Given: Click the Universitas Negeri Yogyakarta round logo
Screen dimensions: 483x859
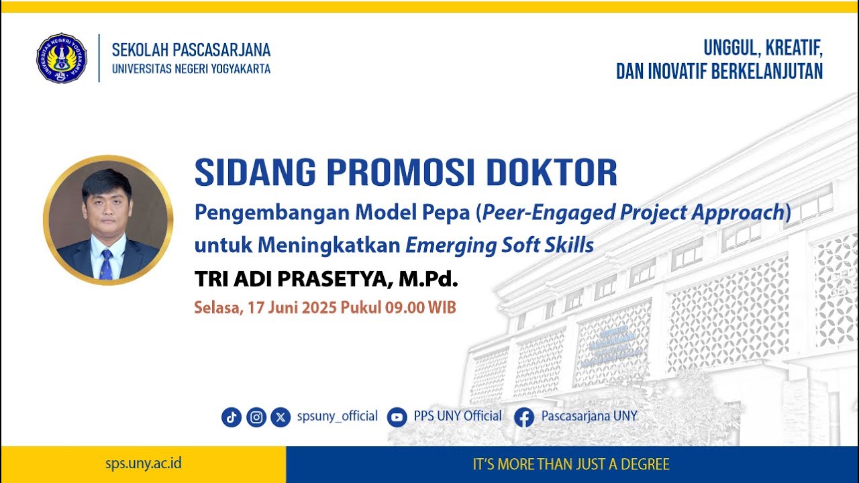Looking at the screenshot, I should pos(62,58).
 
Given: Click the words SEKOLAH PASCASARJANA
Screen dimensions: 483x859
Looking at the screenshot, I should pos(191,50).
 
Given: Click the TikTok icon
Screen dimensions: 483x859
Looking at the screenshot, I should pos(232,417).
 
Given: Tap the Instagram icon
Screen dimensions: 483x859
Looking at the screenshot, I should pos(256,417).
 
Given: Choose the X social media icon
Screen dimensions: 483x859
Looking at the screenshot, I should pos(281,417).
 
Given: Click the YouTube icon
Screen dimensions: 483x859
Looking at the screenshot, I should pos(397,417).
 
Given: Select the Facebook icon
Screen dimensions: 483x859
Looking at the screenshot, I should pos(524,417).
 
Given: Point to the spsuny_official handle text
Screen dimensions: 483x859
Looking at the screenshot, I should pos(337,417).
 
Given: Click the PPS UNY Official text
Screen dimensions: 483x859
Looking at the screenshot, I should pos(458,416).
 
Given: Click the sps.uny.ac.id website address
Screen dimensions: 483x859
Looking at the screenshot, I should pos(143,464).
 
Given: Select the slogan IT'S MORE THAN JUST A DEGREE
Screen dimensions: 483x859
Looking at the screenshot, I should pos(571,464).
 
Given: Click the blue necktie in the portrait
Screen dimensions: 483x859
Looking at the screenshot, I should pos(106,264).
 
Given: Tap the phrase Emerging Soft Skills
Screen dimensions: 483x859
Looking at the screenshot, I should pos(499,246).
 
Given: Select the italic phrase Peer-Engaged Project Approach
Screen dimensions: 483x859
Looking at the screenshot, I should pos(633,213).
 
